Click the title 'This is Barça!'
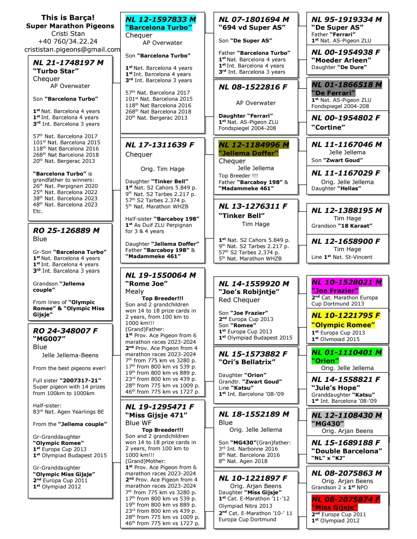point(68,17)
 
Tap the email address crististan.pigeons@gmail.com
point(72,49)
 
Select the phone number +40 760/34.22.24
point(68,41)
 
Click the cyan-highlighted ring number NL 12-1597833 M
point(161,19)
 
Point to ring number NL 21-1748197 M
point(68,63)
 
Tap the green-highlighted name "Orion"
point(325,361)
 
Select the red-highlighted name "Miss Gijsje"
point(334,507)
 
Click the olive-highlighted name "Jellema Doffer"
point(248,153)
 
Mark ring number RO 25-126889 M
point(66,230)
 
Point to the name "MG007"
point(49,339)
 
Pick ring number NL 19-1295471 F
point(159,407)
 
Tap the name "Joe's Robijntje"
point(249,292)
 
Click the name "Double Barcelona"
point(346,451)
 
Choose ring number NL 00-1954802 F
point(346,118)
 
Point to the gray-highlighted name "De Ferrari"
point(333,93)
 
